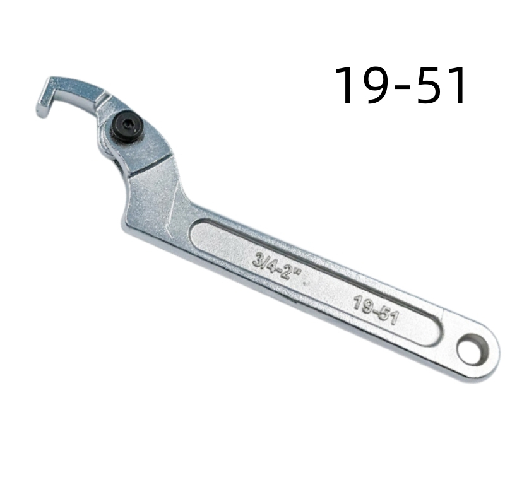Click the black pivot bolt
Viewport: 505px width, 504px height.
coord(128,126)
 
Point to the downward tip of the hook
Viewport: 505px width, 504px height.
coord(42,114)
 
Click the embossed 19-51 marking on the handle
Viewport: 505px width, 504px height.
coord(376,310)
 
